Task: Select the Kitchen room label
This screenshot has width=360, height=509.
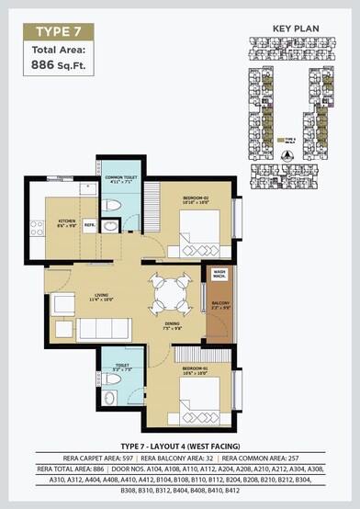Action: (67, 222)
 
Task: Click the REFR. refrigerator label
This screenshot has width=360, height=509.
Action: (90, 224)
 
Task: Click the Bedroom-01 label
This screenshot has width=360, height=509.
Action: (196, 370)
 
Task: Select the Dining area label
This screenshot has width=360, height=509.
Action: (172, 324)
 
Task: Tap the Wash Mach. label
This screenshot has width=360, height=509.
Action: (219, 274)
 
